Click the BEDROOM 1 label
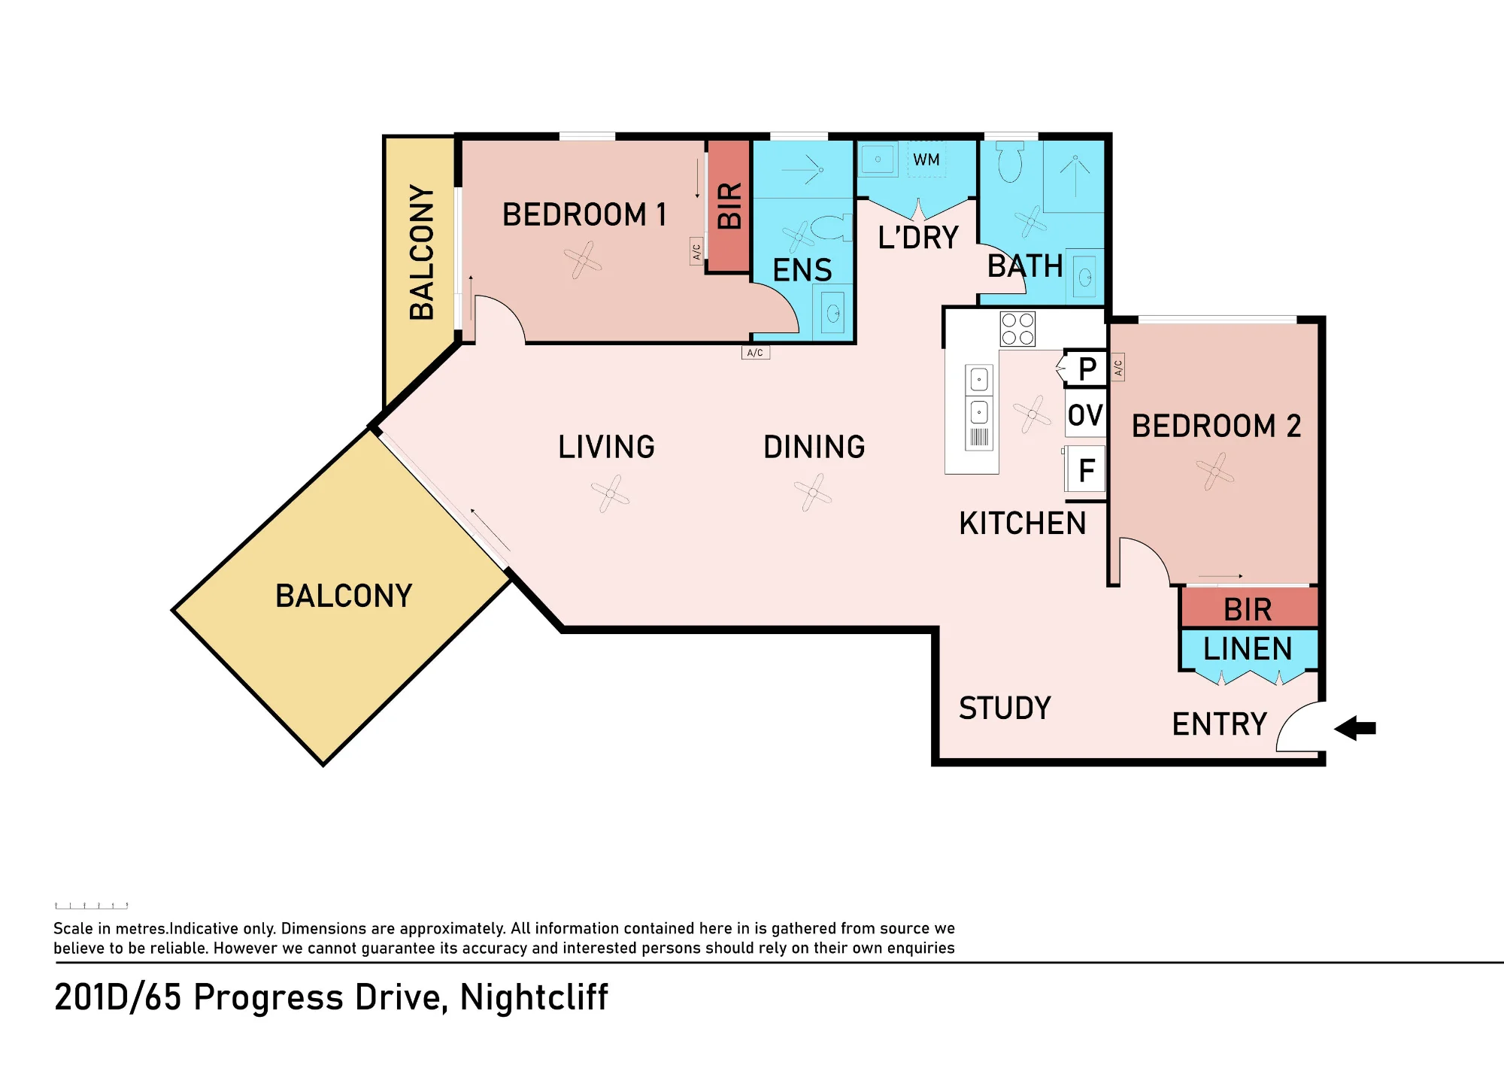[x=584, y=215]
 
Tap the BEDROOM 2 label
[x=1216, y=426]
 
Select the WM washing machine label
[x=926, y=159]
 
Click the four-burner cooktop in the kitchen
[x=1017, y=329]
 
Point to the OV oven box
[x=1085, y=414]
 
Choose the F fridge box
[x=1085, y=471]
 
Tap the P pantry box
[x=1085, y=369]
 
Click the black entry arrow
[x=1355, y=728]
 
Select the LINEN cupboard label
[x=1248, y=648]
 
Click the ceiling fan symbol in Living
[x=610, y=494]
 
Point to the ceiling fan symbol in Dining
[x=813, y=493]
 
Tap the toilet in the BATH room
[x=1010, y=162]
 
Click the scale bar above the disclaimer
[x=91, y=906]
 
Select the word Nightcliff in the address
[x=533, y=998]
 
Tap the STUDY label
[x=1005, y=708]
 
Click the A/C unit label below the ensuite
[x=755, y=353]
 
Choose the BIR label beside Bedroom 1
[x=729, y=205]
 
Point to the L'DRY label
[x=918, y=238]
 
